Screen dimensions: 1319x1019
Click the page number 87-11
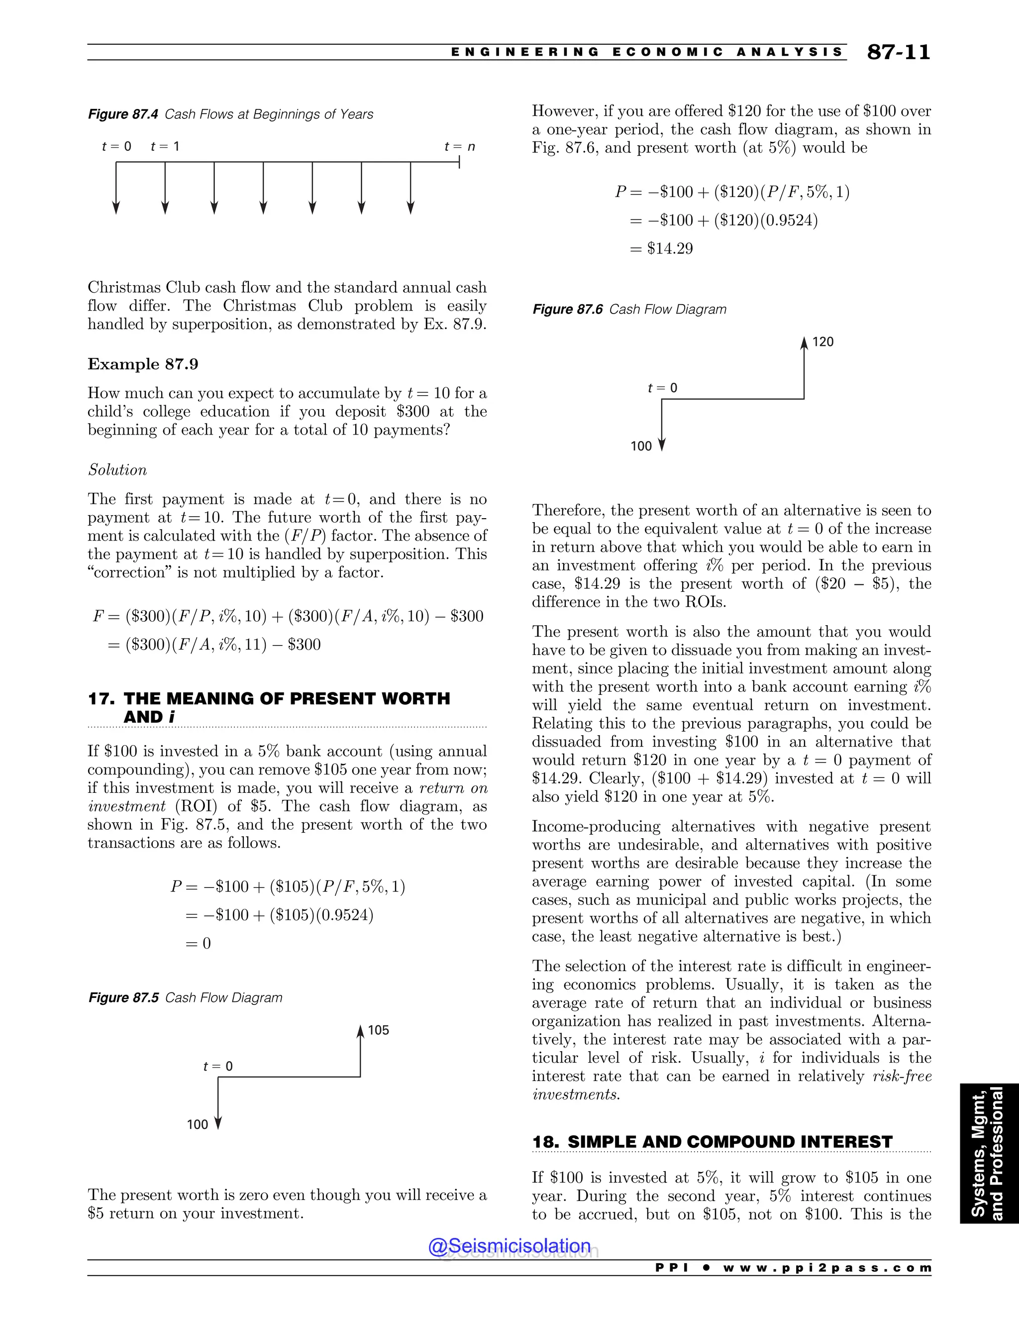pos(898,53)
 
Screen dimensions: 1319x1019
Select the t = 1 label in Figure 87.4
pos(165,146)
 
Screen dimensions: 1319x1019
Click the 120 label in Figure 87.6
pos(823,342)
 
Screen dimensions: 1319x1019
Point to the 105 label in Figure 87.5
pos(379,1030)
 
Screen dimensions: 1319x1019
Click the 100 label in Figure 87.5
pos(198,1124)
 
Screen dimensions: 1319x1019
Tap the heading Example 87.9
pos(143,364)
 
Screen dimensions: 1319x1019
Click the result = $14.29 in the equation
pos(662,248)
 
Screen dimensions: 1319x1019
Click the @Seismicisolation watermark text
pos(509,1246)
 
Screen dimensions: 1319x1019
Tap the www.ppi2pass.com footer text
pos(827,1268)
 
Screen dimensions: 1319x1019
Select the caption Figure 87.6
pos(629,309)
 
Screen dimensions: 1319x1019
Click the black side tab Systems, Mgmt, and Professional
pos(989,1154)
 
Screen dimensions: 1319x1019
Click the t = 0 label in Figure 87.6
pos(662,388)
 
